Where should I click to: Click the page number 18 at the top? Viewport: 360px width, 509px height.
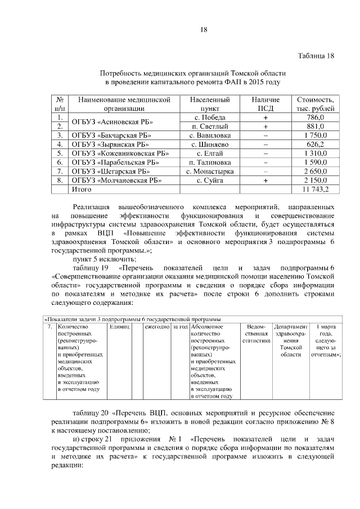pyautogui.click(x=204, y=30)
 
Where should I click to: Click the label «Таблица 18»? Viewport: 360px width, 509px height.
pyautogui.click(x=316, y=55)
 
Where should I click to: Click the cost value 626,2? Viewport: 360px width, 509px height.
pyautogui.click(x=318, y=144)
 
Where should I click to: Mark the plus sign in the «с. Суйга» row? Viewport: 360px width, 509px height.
pyautogui.click(x=265, y=180)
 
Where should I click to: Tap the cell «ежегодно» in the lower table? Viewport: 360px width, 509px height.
pyautogui.click(x=157, y=327)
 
